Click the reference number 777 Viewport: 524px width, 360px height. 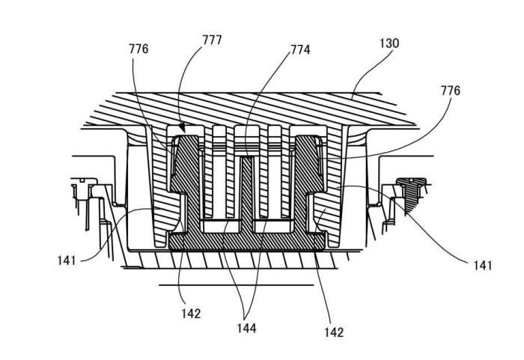[x=212, y=40]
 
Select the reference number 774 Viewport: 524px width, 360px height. [x=300, y=50]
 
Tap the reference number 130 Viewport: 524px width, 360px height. [x=389, y=43]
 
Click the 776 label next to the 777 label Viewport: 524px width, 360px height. [x=138, y=49]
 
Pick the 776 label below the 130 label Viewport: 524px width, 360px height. [x=450, y=91]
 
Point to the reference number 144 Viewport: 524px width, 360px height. [x=246, y=328]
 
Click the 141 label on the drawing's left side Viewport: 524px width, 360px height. [x=67, y=260]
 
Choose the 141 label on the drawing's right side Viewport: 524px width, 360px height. [x=483, y=266]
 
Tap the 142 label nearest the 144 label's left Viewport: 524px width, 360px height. [x=191, y=314]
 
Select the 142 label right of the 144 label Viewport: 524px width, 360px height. [x=334, y=332]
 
